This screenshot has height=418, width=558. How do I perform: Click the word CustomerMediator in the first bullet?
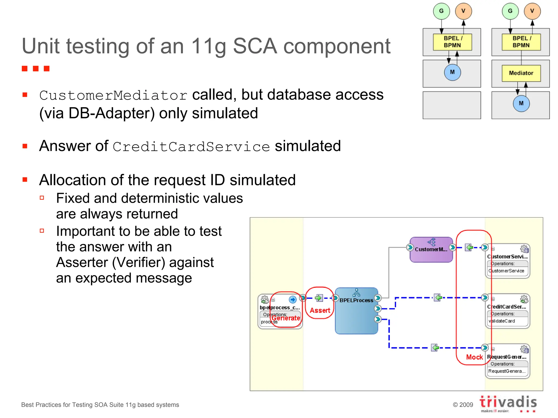point(113,96)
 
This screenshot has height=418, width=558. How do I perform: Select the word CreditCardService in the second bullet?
point(191,147)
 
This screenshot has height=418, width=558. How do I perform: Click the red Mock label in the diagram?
point(474,357)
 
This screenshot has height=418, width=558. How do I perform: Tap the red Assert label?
point(320,311)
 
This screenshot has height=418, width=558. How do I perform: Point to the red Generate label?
point(286,318)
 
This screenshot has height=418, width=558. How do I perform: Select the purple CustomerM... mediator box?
point(431,250)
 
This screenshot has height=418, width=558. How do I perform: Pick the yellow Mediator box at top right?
point(521,73)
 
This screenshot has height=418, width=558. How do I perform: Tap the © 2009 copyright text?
point(463,405)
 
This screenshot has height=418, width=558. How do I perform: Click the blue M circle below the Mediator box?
point(521,103)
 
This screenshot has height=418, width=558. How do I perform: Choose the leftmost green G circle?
point(441,11)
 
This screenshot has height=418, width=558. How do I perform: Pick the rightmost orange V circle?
point(532,11)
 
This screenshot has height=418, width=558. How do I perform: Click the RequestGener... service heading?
point(507,357)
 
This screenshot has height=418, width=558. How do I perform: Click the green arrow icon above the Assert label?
point(319,298)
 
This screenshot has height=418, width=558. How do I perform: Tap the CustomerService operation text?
point(506,271)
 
